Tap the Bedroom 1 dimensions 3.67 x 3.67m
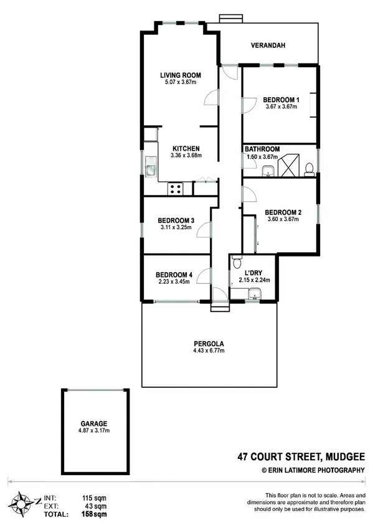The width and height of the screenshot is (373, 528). pyautogui.click(x=280, y=106)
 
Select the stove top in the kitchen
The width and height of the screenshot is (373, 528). pyautogui.click(x=175, y=187)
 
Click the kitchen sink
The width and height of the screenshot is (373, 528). pyautogui.click(x=150, y=166)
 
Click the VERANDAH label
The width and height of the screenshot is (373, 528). pyautogui.click(x=268, y=45)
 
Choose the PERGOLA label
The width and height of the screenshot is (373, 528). pyautogui.click(x=209, y=343)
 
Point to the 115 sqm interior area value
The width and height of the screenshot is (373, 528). pyautogui.click(x=93, y=497)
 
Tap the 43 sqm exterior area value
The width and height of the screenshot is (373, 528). pyautogui.click(x=94, y=506)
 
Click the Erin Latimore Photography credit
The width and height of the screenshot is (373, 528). pyautogui.click(x=313, y=471)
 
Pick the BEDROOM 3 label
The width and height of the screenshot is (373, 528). pyautogui.click(x=176, y=220)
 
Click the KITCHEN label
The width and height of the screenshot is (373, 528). pyautogui.click(x=186, y=148)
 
